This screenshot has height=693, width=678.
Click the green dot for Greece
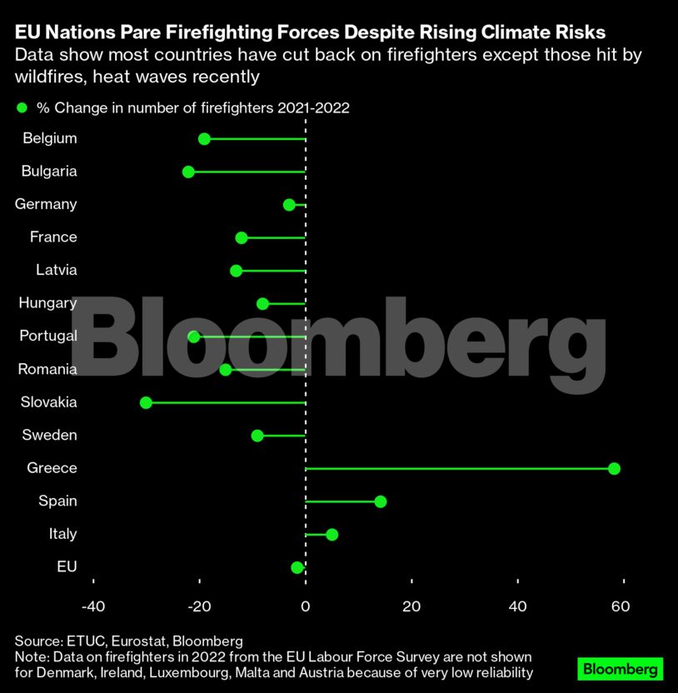coord(614,468)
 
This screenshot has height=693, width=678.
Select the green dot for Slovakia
coord(147,402)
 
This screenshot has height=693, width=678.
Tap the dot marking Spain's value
coord(381,501)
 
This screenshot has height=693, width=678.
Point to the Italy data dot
coord(332,534)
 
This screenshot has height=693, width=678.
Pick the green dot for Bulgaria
coord(188,172)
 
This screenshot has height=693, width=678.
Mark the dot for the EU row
coord(297,567)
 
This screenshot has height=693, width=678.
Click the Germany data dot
coord(289,205)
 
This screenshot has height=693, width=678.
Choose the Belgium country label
coord(50,138)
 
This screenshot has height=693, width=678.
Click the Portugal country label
coord(48,336)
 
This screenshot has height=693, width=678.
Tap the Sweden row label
coord(51,435)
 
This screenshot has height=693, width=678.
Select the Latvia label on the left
coord(57,270)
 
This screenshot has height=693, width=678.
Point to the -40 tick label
coord(93,606)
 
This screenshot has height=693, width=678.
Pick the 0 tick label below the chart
coord(306,606)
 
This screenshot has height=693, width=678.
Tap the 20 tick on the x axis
coord(411,606)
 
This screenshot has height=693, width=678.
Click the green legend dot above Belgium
coord(22,108)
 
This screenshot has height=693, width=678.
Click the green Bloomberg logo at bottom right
coord(620,669)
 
